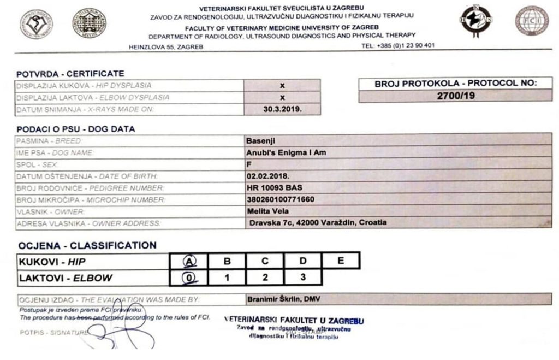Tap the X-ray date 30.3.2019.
(x=282, y=109)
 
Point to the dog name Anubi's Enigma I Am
(x=286, y=152)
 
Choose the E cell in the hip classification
(x=341, y=261)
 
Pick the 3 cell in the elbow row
(x=302, y=277)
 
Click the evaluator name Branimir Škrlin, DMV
(x=284, y=299)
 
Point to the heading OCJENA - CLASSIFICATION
(x=87, y=245)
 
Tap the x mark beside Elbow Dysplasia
(x=282, y=97)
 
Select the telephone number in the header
(x=397, y=45)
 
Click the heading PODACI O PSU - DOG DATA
(x=75, y=129)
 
